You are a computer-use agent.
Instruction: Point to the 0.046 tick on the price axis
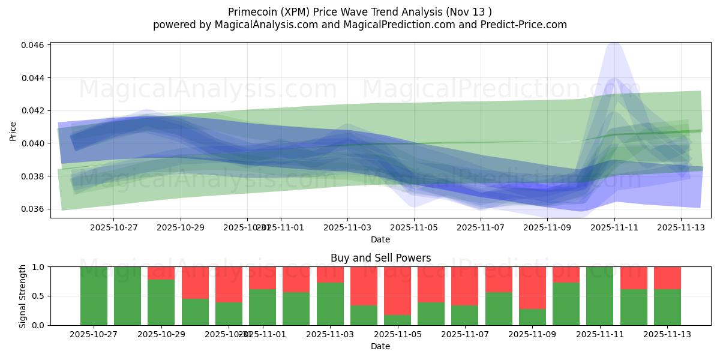pos(34,46)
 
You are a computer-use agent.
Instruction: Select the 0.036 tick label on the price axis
pos(34,209)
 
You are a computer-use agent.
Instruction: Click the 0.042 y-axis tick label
pos(34,110)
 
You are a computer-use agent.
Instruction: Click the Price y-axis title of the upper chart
pos(13,131)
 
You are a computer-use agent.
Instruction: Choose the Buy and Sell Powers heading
pos(380,258)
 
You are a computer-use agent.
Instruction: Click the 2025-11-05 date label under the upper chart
pos(414,228)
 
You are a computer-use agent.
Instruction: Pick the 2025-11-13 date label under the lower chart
pos(668,334)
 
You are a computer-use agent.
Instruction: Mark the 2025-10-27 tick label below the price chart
pos(113,228)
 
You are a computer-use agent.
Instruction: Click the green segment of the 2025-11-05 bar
pos(397,320)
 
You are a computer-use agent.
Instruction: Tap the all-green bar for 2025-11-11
pos(599,296)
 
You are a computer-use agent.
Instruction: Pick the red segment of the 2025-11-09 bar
pos(532,287)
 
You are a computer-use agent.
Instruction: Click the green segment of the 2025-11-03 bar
pos(330,304)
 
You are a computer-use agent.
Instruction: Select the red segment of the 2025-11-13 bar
pos(667,278)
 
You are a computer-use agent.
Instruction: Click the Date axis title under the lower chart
pos(380,346)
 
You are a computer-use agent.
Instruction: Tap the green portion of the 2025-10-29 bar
pos(161,302)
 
